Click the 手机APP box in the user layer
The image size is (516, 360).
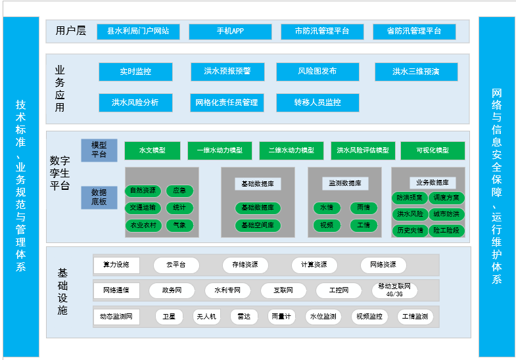[x=230, y=32]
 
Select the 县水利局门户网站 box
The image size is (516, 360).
[x=138, y=32]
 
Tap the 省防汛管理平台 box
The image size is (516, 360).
[x=414, y=32]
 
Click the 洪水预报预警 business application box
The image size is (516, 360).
[x=227, y=72]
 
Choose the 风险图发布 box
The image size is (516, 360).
[x=317, y=72]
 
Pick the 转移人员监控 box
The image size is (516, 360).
[x=317, y=102]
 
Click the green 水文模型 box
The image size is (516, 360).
[x=152, y=150]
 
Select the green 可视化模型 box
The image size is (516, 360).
[x=433, y=150]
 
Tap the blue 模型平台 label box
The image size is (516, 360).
[x=99, y=150]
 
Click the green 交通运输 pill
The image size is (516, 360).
[x=143, y=208]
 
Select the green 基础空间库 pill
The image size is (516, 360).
[x=258, y=225]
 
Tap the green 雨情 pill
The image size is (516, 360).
[x=364, y=208]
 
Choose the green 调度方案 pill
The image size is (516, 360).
[x=446, y=198]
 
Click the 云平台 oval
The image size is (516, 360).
[x=176, y=265]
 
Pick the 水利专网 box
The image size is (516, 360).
[x=227, y=290]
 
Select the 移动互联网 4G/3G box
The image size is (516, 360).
[x=394, y=290]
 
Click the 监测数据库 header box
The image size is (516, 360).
[x=345, y=183]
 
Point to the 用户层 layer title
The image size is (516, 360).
[x=71, y=31]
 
